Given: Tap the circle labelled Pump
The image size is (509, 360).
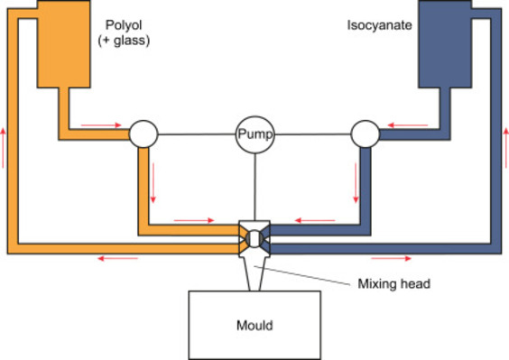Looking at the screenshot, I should tap(255, 134).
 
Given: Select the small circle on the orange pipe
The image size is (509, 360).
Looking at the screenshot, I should tap(143, 134).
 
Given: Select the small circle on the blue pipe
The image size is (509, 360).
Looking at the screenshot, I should tap(366, 134).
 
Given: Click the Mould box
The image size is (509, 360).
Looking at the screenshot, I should tap(254, 323).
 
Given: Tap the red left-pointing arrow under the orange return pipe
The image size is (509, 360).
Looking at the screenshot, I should tap(118, 259).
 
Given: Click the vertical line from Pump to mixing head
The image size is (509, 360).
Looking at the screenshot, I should tap(255, 185).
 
